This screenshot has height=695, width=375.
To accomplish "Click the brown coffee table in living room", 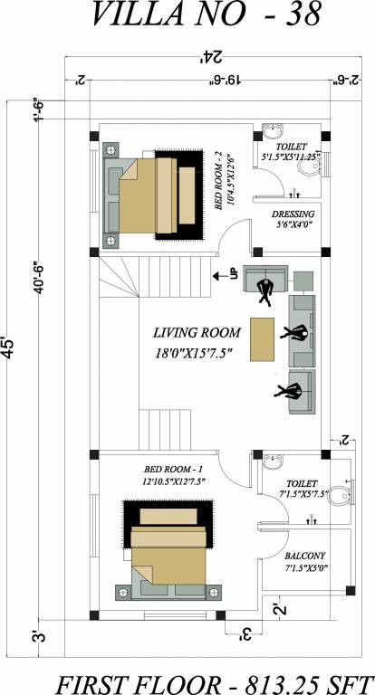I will point(264,338).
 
